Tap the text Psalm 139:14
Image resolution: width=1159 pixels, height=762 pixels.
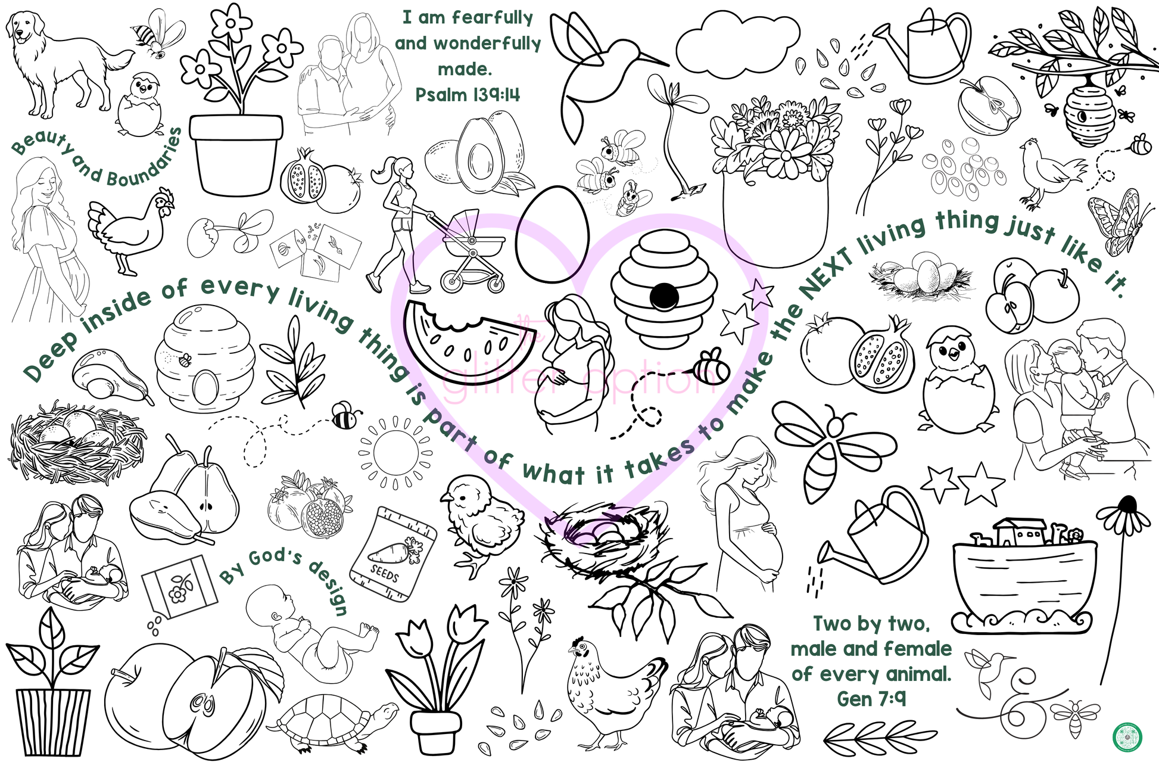pos(467,95)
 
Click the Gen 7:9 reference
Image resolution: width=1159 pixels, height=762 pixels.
pos(871,698)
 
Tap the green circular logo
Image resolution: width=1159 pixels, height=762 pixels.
pos(1127,736)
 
